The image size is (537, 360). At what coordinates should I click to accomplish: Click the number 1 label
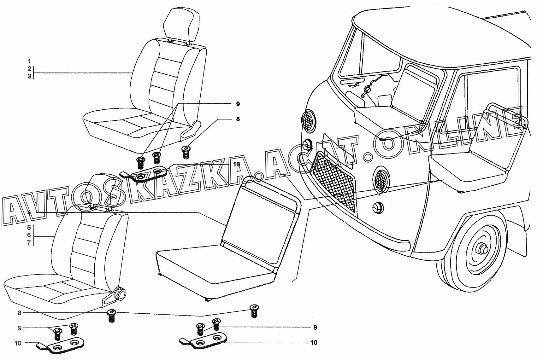pos(29,61)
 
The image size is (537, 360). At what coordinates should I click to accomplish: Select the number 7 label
pos(29,242)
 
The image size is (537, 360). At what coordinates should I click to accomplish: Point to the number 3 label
pos(29,76)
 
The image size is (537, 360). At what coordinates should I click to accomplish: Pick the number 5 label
pos(29,227)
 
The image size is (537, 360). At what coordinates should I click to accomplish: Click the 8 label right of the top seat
pos(238,119)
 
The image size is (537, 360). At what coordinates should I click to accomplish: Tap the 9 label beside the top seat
pos(238,104)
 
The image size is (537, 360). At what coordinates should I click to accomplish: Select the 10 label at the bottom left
pos(18,343)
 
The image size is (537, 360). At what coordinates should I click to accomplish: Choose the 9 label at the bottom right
pos(315,327)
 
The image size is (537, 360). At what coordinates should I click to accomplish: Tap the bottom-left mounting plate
pos(60,345)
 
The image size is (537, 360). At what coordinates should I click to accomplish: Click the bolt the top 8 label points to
pos(185,152)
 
